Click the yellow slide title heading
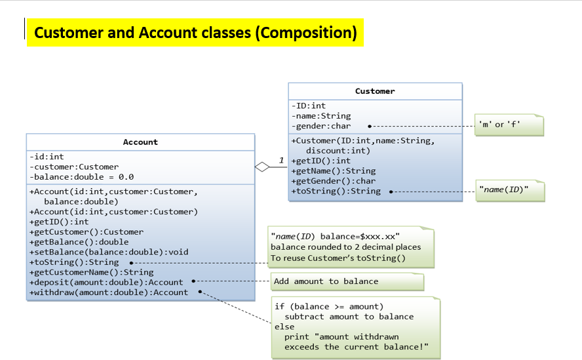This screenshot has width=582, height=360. [195, 32]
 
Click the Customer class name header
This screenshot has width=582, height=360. [375, 91]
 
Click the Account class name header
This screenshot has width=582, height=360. [140, 142]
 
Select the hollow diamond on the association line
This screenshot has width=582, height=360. [262, 167]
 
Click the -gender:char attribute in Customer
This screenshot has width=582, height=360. [321, 126]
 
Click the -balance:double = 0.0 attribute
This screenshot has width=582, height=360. [81, 177]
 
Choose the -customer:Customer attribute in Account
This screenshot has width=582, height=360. [74, 167]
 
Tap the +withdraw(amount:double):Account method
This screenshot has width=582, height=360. [109, 292]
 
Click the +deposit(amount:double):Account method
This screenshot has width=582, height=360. [106, 282]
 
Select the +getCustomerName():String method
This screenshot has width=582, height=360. [91, 272]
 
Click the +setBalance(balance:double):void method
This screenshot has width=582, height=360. [109, 252]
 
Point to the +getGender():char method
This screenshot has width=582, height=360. [333, 181]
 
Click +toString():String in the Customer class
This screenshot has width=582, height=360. [336, 191]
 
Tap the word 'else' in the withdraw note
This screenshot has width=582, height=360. [284, 327]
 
